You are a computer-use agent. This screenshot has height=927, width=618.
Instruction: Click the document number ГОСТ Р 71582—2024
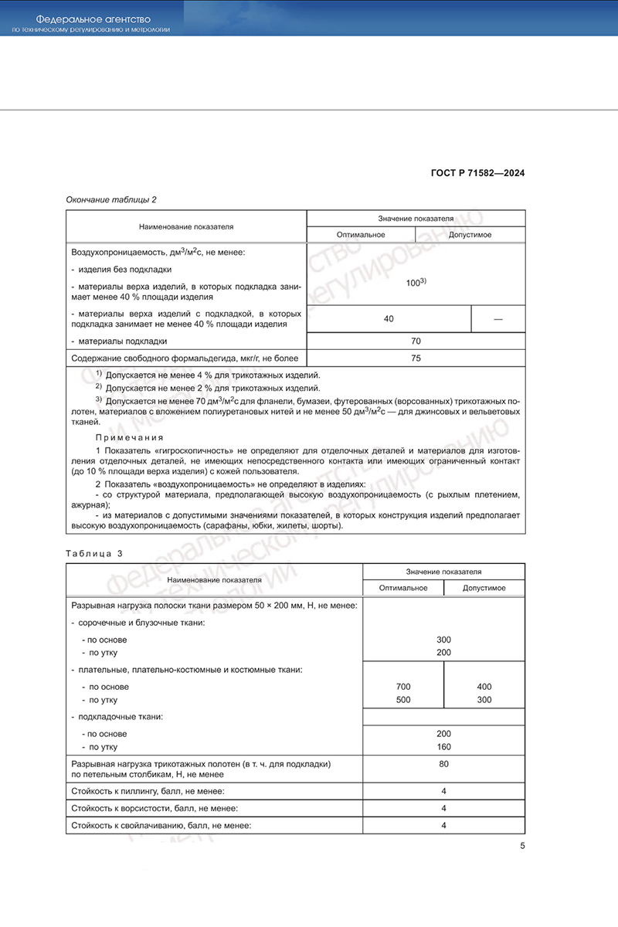tap(477, 173)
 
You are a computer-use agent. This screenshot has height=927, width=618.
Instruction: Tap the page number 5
tap(523, 846)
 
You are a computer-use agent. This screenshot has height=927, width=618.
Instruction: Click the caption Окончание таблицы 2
tap(111, 199)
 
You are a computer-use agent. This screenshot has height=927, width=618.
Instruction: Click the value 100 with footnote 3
tap(416, 283)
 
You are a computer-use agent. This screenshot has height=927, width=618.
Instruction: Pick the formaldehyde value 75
tap(416, 358)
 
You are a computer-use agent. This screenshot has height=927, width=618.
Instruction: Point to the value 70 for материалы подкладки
tap(416, 341)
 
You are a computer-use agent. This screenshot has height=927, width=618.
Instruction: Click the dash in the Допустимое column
tap(497, 318)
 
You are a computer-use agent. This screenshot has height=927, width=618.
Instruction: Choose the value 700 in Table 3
tap(403, 687)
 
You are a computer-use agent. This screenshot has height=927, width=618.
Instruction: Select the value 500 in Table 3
tap(403, 700)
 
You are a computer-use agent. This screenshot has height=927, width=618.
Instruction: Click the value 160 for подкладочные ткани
tap(443, 747)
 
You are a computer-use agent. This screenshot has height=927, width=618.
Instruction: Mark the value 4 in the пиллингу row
tap(444, 791)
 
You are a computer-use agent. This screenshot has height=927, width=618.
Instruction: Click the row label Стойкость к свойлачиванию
tap(161, 826)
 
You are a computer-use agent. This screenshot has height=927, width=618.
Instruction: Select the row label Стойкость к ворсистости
tap(154, 808)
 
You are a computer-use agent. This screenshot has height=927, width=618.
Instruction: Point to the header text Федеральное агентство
tap(93, 18)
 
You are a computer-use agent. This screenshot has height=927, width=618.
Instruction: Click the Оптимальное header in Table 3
tap(403, 588)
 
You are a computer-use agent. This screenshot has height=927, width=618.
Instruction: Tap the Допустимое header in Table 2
tap(470, 235)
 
